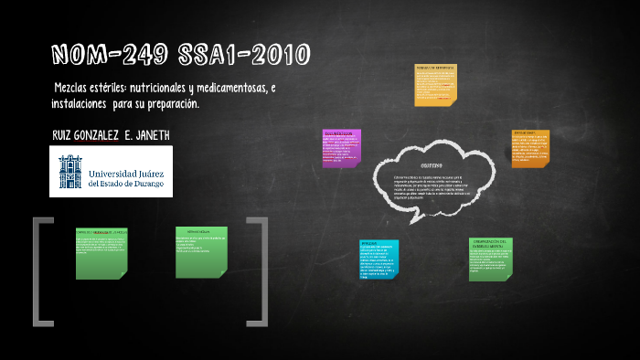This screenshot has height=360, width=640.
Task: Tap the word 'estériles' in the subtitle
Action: click(102, 87)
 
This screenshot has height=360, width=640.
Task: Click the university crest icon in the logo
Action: click(69, 171)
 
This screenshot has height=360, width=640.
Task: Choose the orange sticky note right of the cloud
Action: click(530, 147)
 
